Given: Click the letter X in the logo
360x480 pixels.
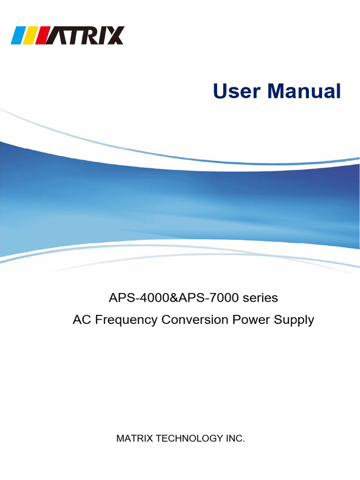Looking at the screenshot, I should (114, 36).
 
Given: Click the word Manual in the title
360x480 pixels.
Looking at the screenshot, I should (304, 91).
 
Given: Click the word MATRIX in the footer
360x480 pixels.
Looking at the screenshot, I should (133, 439).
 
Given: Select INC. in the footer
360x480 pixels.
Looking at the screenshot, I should (235, 439).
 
